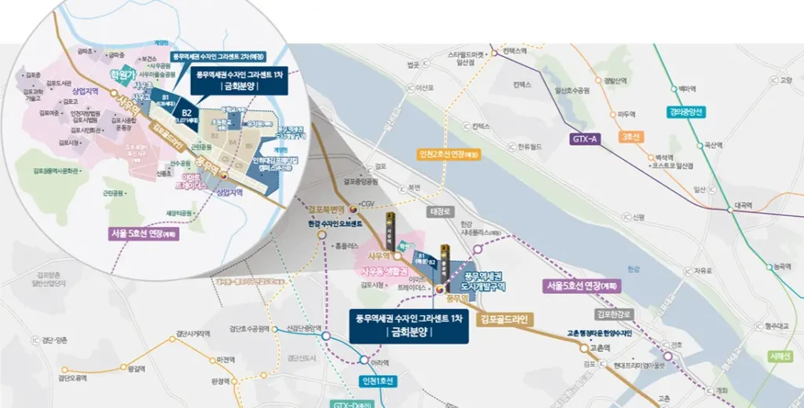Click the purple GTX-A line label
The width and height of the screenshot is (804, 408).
click(585, 139)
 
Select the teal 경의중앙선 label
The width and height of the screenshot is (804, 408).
click(688, 112)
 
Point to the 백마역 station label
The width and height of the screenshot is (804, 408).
click(688, 89)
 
